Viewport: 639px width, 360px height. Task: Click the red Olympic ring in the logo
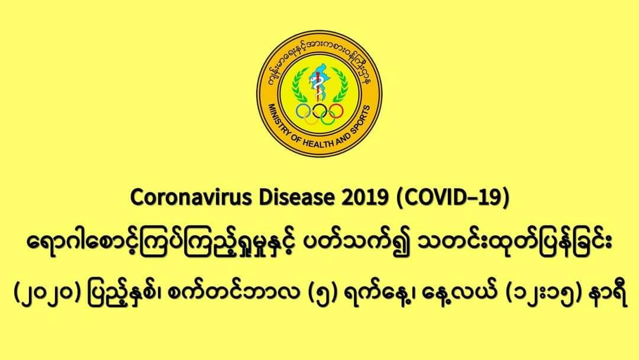(x=336, y=110)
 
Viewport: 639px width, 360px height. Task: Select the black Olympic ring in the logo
(x=319, y=110)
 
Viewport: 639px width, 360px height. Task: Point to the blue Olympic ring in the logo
(x=303, y=110)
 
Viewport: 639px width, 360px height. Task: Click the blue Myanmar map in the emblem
(x=318, y=82)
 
